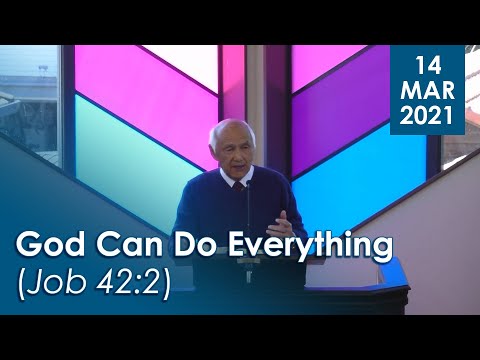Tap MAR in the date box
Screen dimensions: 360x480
[427, 93]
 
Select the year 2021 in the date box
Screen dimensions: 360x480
[427, 117]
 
